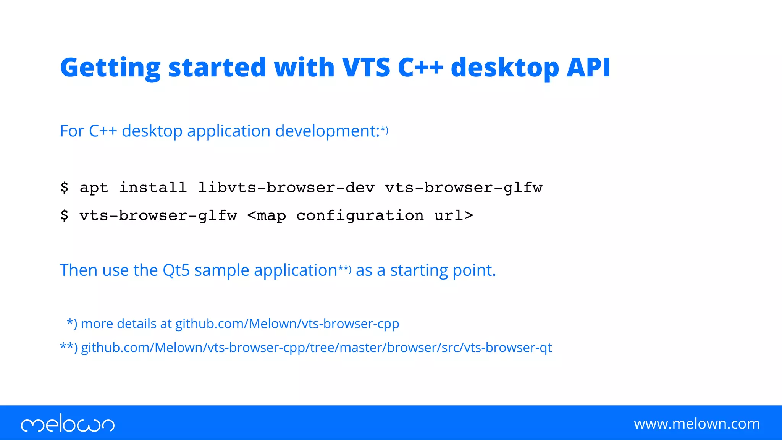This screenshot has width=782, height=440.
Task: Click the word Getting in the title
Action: point(110,68)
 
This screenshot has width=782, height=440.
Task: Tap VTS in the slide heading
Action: point(366,68)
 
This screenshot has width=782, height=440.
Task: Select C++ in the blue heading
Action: point(420,68)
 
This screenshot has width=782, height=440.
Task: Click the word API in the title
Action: point(588,68)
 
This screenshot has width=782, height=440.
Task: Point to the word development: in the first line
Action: point(327,131)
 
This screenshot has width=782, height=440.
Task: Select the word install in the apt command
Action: point(153,188)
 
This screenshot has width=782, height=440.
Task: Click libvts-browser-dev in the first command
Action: point(286,188)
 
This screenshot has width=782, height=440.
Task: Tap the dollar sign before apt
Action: point(64,188)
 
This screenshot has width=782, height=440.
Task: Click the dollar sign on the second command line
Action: point(64,215)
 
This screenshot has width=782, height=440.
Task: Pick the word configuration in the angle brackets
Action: point(360,215)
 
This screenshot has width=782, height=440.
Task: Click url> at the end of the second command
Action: point(454,215)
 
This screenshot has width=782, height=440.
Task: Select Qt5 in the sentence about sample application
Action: point(176,270)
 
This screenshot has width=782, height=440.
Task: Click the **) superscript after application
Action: point(344,269)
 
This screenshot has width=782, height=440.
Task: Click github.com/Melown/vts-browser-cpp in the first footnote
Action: point(287,324)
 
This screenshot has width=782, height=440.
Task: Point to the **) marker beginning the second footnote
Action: point(69,347)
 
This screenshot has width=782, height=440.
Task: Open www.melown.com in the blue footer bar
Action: point(696,424)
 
